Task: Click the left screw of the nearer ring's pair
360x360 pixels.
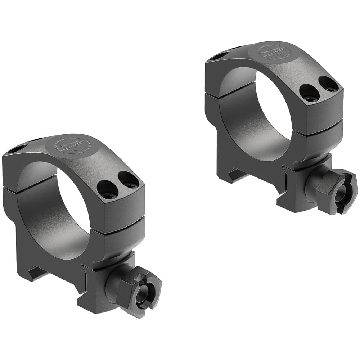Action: (x=108, y=190)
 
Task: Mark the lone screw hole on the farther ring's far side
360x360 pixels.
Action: (x=219, y=56)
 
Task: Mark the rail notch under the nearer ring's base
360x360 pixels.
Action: (x=36, y=274)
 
